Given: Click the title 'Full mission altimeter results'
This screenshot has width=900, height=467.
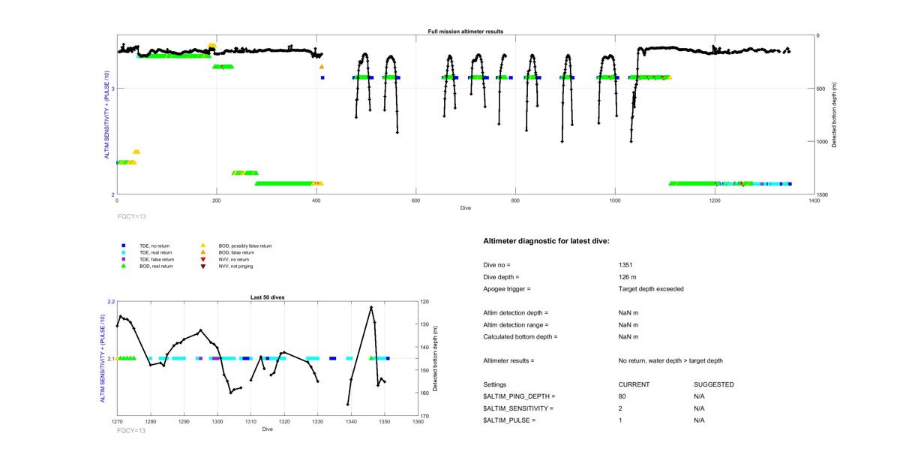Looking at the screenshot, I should (x=466, y=32).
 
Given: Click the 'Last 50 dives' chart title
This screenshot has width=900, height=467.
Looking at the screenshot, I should (x=267, y=297).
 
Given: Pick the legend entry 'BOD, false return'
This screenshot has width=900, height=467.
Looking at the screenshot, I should (x=235, y=252).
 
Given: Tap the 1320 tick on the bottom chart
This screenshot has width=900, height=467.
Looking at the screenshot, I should (x=284, y=422).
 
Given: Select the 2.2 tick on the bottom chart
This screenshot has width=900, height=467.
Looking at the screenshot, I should (x=111, y=302).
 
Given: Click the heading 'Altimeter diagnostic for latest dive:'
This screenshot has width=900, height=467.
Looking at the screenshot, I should (x=546, y=241).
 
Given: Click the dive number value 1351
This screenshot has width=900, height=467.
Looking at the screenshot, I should (x=626, y=265).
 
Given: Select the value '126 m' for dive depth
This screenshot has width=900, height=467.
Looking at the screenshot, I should (x=628, y=277).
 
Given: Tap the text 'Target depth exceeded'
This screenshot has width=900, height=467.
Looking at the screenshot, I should (x=650, y=289).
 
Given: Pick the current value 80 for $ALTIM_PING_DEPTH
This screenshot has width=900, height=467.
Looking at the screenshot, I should (x=622, y=396).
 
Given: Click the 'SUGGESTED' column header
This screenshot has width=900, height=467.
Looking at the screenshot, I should (x=713, y=384).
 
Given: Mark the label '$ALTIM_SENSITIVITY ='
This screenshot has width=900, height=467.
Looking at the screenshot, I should (x=518, y=408).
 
